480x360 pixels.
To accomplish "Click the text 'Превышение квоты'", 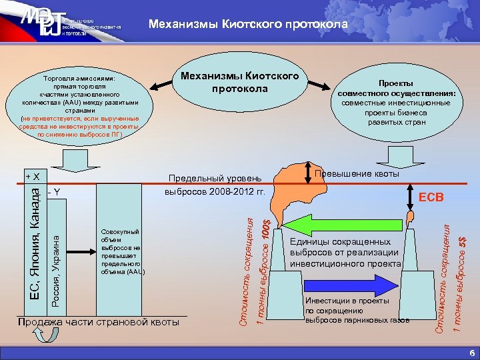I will tap(356, 174).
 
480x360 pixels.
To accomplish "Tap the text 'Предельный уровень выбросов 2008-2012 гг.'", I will tap(215, 185).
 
